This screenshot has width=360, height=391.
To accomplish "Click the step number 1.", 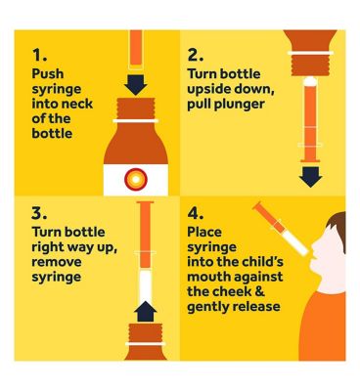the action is pos(39,56).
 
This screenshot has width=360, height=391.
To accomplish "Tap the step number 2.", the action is pos(196,56).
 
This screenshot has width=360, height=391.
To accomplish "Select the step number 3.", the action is pos(39,213).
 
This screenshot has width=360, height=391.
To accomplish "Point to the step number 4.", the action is pos(196,213).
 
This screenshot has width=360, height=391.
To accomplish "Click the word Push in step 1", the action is pos(48,74).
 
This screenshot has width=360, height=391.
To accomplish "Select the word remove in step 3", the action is pos(57,262).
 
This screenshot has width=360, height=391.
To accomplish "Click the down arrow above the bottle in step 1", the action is pos(136,84).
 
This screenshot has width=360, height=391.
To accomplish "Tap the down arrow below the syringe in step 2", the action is pos(310,177).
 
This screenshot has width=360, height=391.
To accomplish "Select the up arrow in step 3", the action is pos(146,311).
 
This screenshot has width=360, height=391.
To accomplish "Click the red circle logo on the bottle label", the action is pos(136,179).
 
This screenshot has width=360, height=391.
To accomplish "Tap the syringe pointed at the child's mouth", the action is pos(281,229).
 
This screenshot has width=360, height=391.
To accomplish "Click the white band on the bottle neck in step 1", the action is pos(136,121).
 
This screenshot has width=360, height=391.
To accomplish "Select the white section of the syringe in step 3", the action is pos(146,285).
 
